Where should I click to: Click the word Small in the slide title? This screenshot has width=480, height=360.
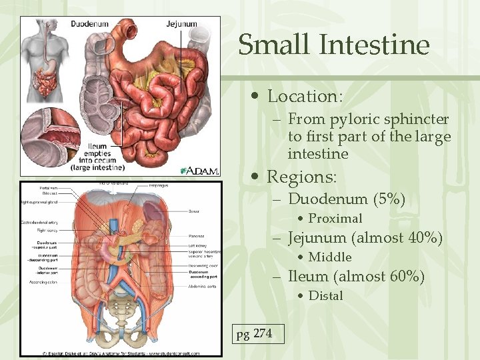[275, 45]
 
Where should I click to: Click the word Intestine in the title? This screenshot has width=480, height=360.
[375, 45]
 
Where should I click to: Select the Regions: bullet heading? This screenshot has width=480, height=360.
[302, 177]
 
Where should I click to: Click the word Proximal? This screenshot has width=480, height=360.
[335, 219]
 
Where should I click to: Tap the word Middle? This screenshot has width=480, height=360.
[330, 257]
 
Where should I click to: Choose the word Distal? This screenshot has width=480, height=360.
[326, 296]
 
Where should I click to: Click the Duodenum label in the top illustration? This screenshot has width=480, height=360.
[89, 24]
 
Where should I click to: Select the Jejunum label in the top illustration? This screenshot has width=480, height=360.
[181, 24]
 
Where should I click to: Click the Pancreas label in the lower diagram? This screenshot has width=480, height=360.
[197, 236]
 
